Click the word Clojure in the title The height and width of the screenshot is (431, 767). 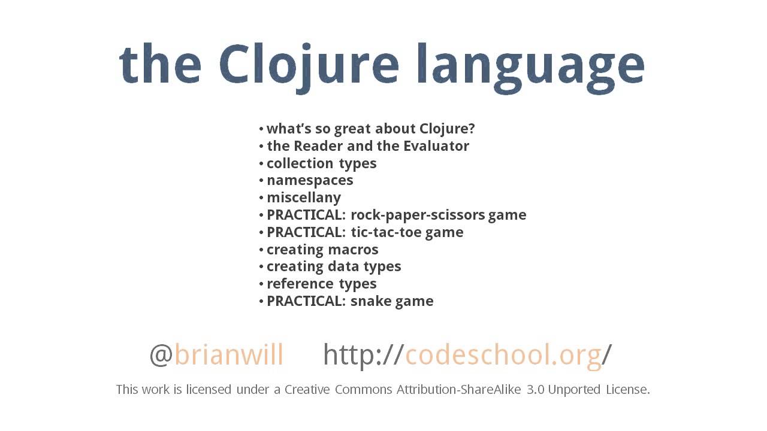pyautogui.click(x=308, y=65)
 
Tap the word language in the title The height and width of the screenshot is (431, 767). pyautogui.click(x=530, y=65)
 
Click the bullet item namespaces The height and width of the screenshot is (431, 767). pyautogui.click(x=310, y=180)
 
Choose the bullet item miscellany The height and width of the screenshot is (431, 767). pyautogui.click(x=304, y=198)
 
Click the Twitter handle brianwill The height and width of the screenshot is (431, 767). pyautogui.click(x=229, y=355)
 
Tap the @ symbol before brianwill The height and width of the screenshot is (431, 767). pyautogui.click(x=161, y=355)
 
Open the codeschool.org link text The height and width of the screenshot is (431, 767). pyautogui.click(x=503, y=355)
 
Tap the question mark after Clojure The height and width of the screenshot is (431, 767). pyautogui.click(x=471, y=129)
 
